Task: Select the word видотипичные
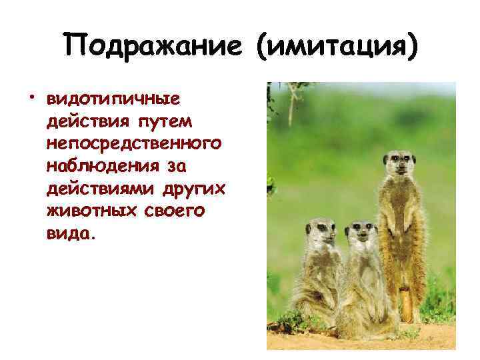(113, 99)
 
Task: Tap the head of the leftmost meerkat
(319, 231)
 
